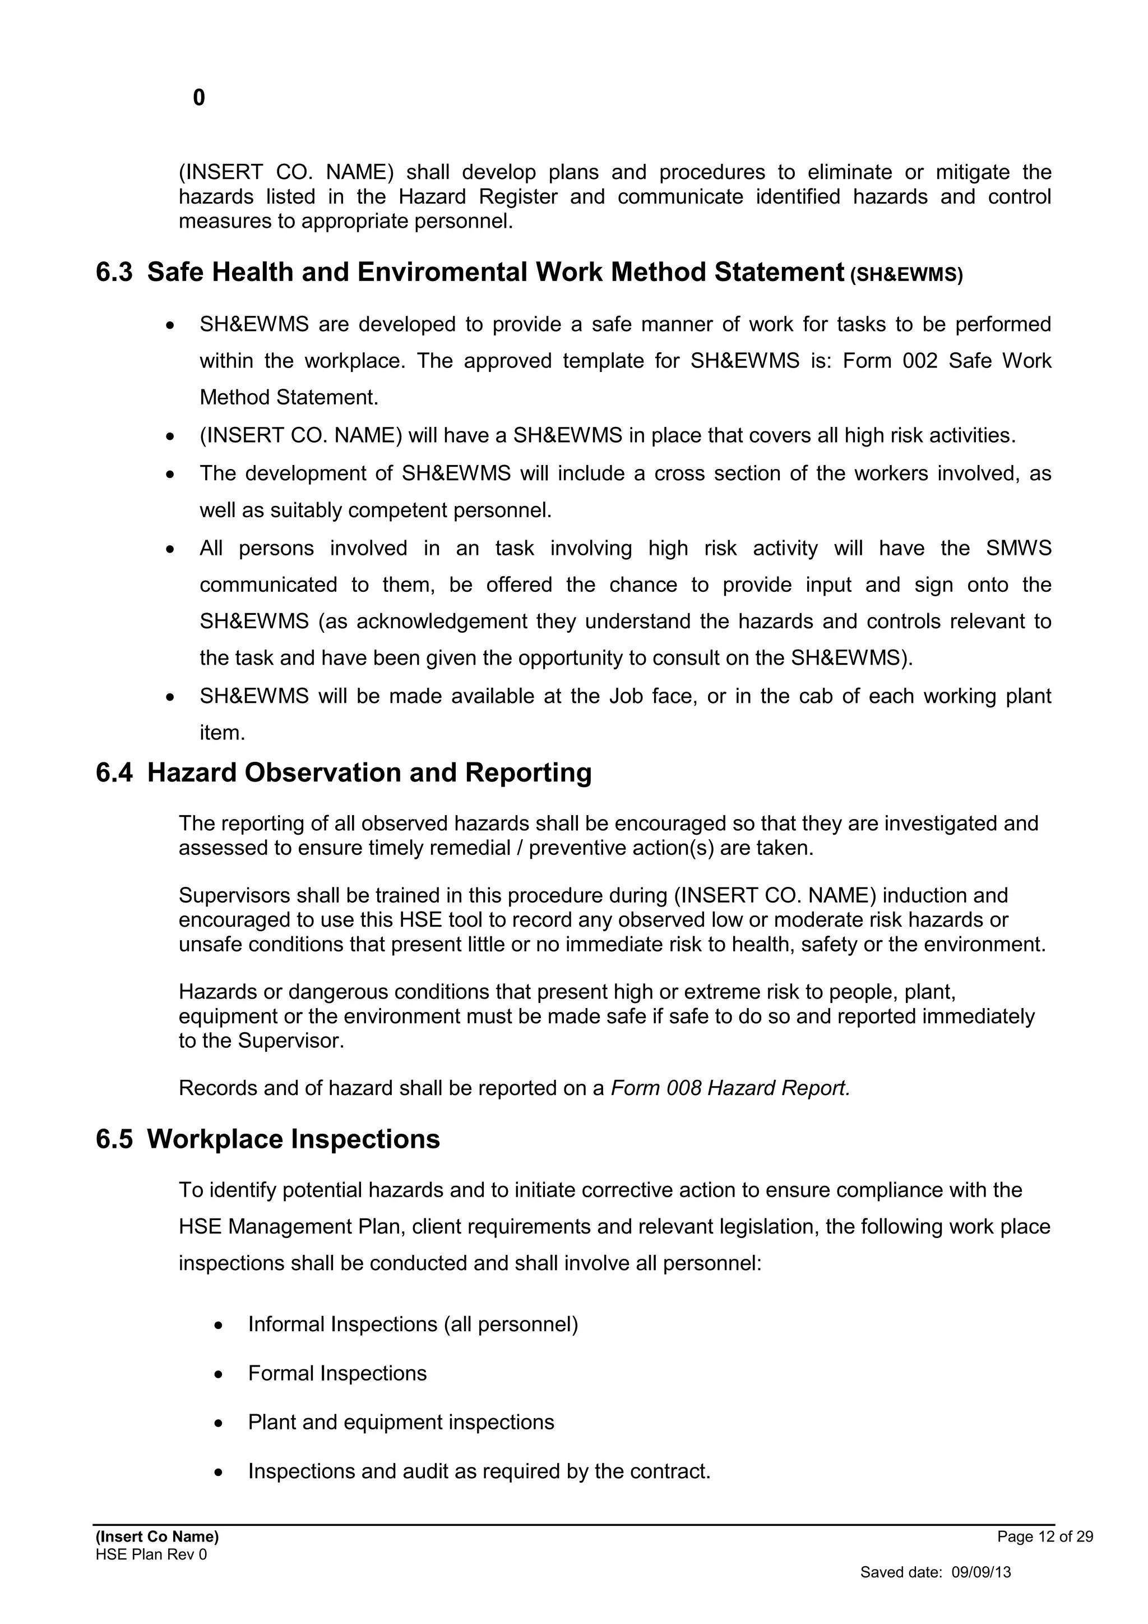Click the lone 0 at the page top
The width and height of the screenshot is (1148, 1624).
click(x=198, y=98)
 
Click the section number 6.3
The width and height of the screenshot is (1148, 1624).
click(x=114, y=272)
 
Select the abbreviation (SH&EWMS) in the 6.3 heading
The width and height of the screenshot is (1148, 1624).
click(x=906, y=275)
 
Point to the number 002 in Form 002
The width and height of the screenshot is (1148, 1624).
click(x=920, y=361)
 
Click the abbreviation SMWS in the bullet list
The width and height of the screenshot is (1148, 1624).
click(x=1018, y=548)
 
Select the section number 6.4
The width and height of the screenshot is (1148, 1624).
click(x=114, y=772)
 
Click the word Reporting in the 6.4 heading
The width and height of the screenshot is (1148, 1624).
click(x=527, y=772)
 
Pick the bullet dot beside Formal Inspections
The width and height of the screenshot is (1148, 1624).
click(x=219, y=1375)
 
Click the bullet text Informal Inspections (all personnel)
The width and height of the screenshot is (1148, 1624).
click(x=413, y=1324)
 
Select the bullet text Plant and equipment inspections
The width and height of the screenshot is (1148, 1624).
click(x=401, y=1423)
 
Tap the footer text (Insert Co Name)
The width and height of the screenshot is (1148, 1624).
click(x=157, y=1536)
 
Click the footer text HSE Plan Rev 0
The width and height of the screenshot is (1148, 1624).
click(x=151, y=1554)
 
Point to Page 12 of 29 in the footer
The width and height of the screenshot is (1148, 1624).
click(x=1045, y=1536)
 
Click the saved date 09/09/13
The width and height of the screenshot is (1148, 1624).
click(x=980, y=1572)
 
